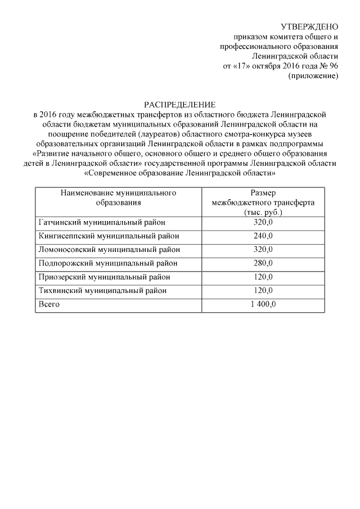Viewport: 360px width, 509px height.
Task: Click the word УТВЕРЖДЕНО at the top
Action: click(x=309, y=26)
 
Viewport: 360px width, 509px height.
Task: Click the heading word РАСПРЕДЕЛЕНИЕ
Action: click(x=179, y=104)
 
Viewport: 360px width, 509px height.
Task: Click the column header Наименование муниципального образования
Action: click(x=118, y=197)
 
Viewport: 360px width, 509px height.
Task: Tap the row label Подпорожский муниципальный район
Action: click(x=107, y=263)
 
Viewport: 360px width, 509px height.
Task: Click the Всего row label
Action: click(x=48, y=304)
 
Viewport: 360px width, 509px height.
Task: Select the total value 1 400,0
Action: click(x=263, y=304)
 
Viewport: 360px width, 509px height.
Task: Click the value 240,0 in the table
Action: click(x=263, y=236)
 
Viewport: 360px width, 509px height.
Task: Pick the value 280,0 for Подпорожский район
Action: click(x=263, y=263)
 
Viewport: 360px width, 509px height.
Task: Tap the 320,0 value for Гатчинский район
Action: click(x=263, y=222)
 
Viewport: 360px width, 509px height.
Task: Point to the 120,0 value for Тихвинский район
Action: click(x=263, y=291)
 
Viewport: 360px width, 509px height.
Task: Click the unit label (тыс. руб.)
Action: click(x=263, y=213)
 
